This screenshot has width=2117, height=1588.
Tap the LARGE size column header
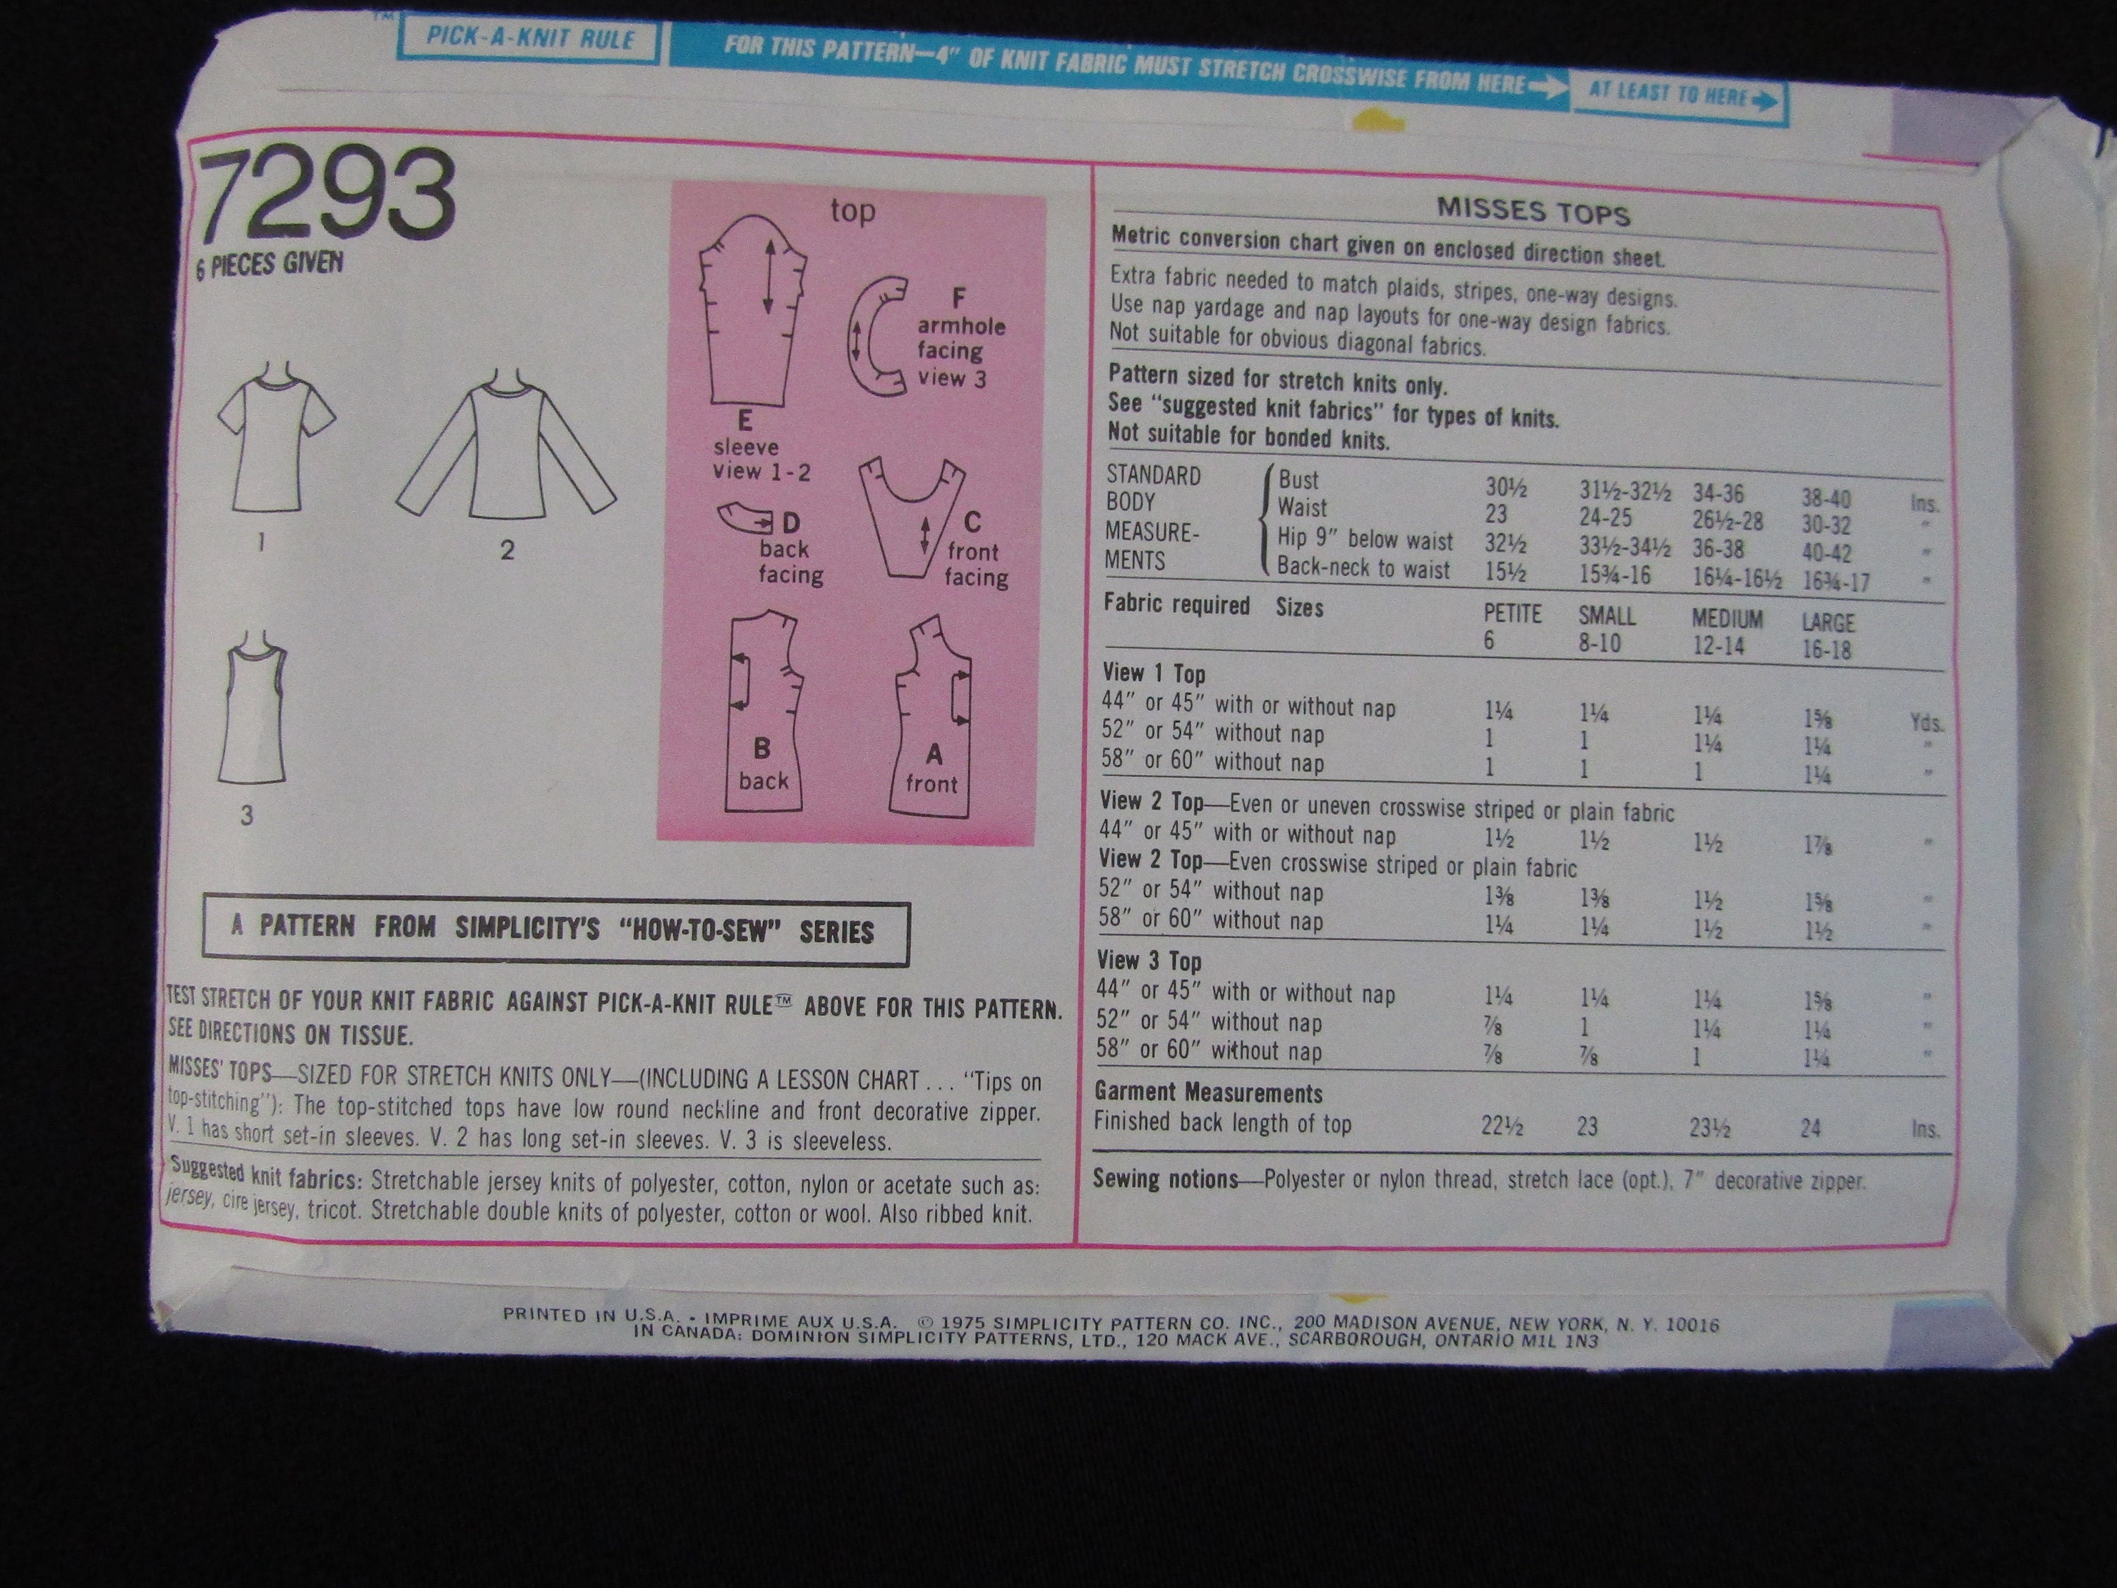tap(1827, 623)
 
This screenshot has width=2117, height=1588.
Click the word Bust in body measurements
tap(1298, 479)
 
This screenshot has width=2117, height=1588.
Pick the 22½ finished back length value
tap(1501, 1126)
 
